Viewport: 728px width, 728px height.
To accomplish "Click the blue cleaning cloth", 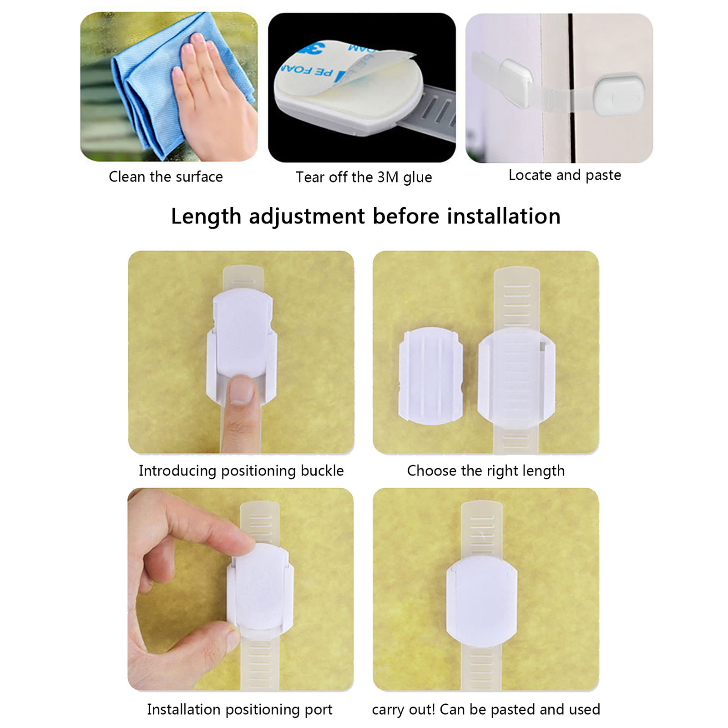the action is [x=150, y=82].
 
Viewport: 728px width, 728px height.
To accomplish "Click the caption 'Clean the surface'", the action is [x=166, y=177].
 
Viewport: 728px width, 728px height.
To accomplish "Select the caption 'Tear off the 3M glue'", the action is [x=364, y=177].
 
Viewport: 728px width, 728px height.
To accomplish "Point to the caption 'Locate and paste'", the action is [x=565, y=176].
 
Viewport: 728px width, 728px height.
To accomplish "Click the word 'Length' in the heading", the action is [x=206, y=217].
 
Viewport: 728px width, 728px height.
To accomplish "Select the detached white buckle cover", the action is [x=430, y=376].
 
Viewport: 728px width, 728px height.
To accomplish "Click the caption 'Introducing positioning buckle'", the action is [x=241, y=471].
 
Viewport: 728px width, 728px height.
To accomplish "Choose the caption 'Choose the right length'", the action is [x=486, y=471].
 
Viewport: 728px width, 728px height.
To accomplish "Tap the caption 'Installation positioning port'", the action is [x=240, y=710].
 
